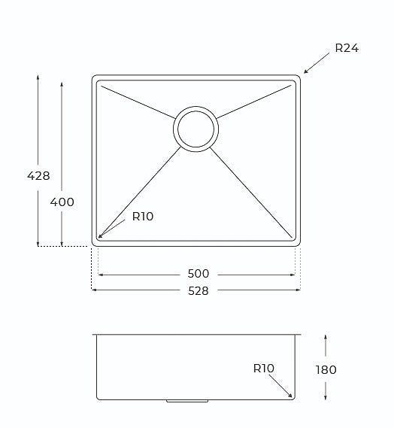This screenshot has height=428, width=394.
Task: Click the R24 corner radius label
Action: [347, 48]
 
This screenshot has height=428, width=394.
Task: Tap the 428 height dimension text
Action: [38, 176]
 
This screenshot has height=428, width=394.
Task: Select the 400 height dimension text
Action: [62, 202]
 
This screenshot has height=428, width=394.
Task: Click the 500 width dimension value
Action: [199, 274]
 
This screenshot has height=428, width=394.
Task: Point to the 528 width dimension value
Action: [197, 290]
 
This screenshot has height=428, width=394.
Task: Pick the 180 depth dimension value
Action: [326, 369]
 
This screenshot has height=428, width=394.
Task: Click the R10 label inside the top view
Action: [143, 217]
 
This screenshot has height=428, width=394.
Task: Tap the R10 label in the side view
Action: [264, 368]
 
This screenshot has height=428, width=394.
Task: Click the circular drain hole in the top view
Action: [196, 128]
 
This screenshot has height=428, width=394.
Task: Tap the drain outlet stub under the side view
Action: [186, 402]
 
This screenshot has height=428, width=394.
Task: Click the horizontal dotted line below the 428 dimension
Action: [63, 246]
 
